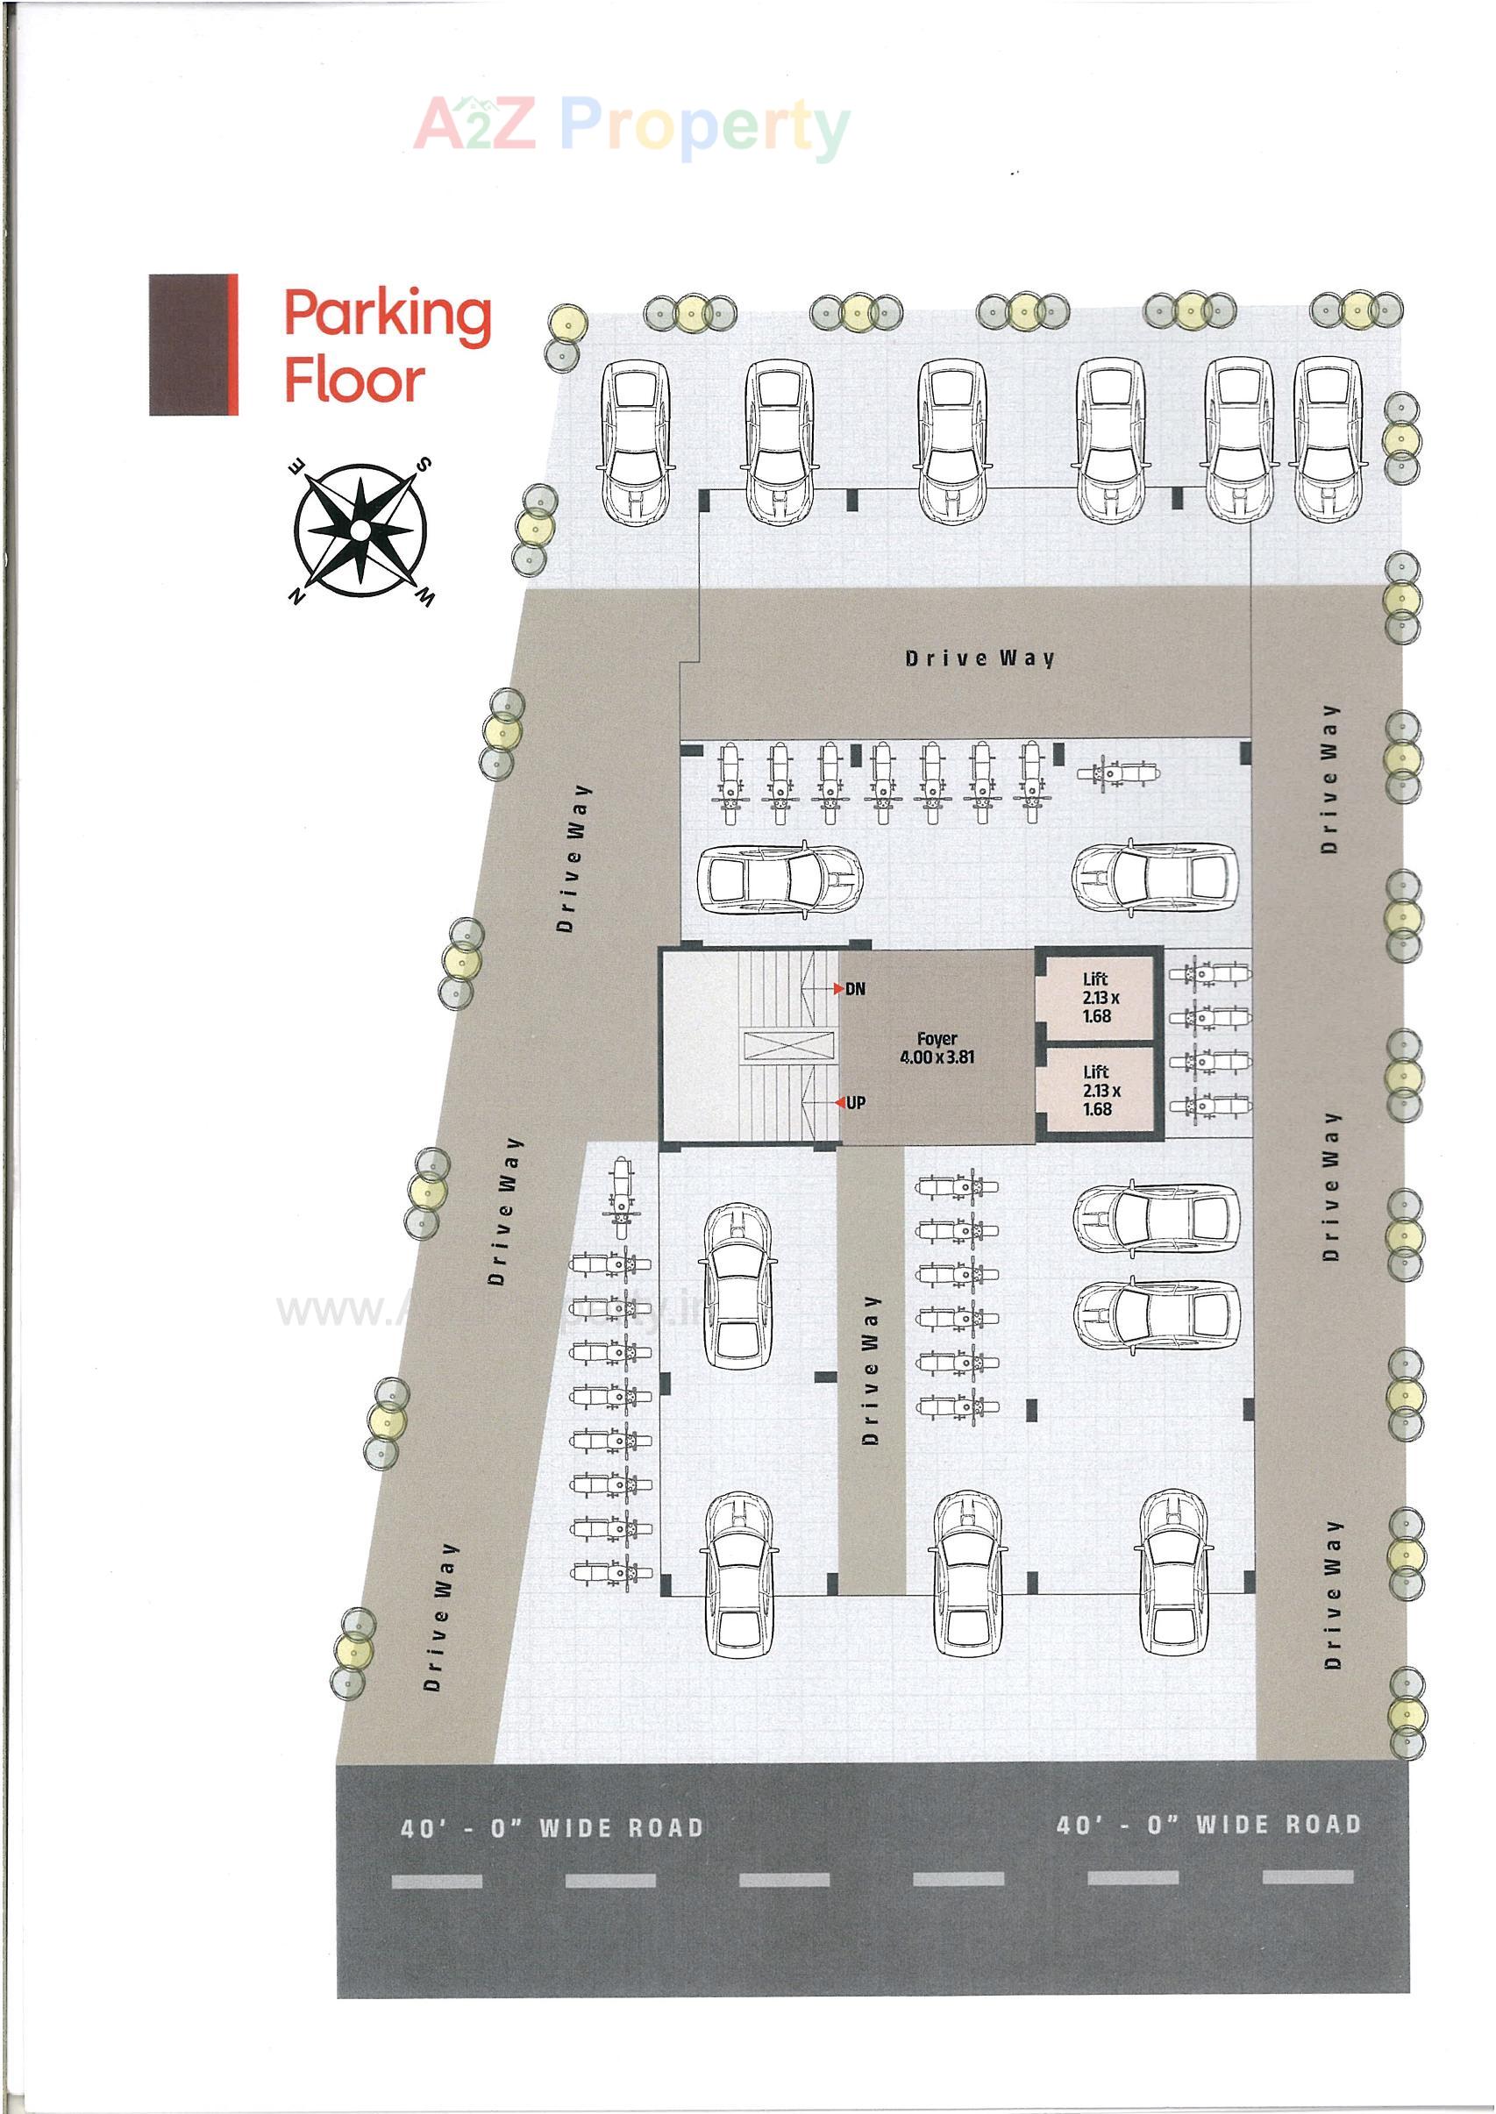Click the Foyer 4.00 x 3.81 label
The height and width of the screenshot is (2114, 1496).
coord(937,1049)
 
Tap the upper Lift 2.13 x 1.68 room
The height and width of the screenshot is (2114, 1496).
coord(1096,998)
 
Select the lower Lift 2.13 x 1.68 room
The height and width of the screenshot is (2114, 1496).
coord(1096,1091)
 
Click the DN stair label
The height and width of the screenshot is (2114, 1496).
coord(856,989)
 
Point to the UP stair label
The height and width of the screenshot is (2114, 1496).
coord(856,1103)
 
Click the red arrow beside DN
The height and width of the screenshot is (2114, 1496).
coord(838,989)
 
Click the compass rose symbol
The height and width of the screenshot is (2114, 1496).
coord(360,530)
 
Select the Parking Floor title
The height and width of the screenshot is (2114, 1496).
coord(386,345)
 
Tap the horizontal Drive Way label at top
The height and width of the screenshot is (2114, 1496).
coord(980,658)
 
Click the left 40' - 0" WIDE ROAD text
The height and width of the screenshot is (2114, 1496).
coord(552,1827)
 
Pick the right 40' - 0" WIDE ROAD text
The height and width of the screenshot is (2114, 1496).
coord(1207,1825)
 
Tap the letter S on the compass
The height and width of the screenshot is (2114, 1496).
coord(424,463)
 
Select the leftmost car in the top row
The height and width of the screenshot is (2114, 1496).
coord(635,438)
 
